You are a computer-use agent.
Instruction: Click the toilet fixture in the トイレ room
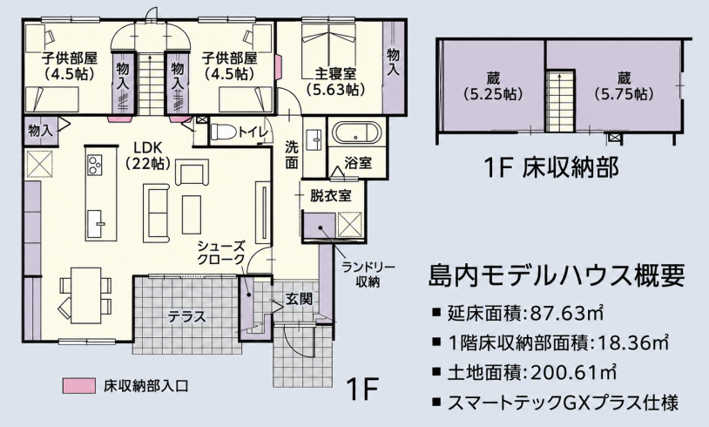222,132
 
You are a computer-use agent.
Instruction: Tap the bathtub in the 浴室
357,133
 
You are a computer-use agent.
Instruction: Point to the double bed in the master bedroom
329,42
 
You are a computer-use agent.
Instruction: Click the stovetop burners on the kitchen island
96,164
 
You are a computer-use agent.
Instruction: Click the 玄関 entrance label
299,299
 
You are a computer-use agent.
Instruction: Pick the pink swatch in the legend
79,386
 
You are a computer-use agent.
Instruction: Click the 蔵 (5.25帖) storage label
493,86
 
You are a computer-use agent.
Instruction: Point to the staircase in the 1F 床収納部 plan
560,102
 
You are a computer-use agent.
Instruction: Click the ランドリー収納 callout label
368,274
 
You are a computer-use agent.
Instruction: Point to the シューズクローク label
220,253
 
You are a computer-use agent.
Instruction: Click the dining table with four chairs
85,295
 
